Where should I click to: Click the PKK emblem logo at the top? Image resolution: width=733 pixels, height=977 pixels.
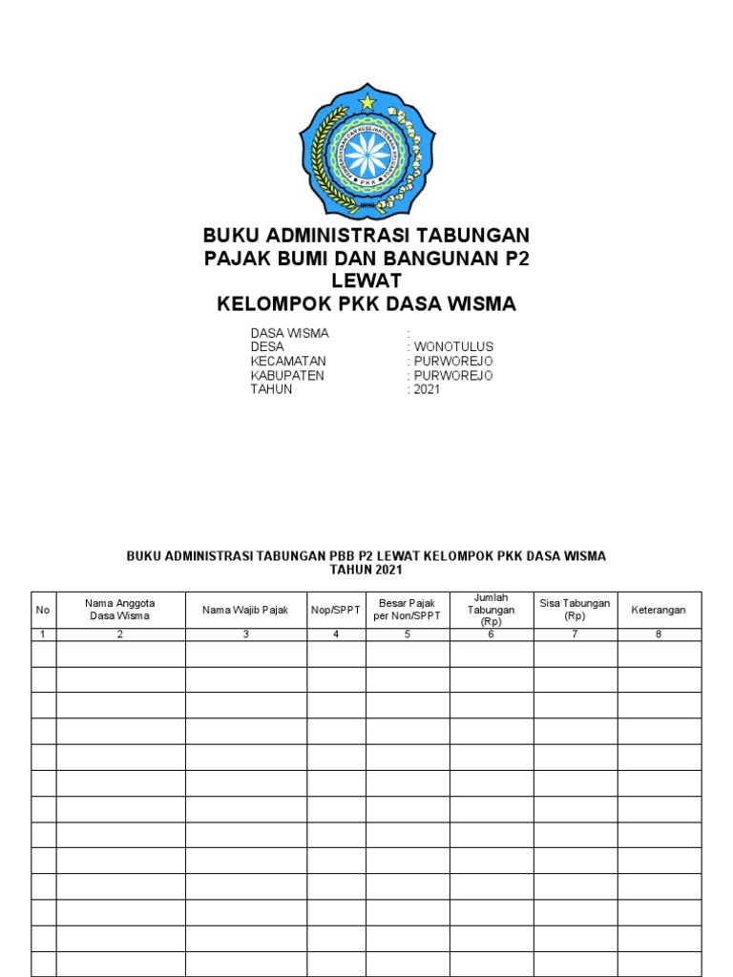(366, 151)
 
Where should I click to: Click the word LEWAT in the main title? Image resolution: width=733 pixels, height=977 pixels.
(366, 281)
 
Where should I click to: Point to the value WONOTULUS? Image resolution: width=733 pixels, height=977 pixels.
(453, 347)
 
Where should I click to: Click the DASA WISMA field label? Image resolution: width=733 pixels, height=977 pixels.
(289, 333)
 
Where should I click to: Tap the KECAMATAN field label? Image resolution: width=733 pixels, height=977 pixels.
(288, 362)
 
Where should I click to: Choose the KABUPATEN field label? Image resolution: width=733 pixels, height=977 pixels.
(287, 376)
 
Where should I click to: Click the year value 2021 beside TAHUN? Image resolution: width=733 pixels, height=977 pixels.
(427, 390)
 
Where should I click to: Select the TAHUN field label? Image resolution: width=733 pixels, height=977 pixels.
(271, 390)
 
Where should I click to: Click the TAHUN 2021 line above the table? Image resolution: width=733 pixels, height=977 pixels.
(366, 571)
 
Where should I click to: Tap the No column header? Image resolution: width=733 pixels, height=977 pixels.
(43, 610)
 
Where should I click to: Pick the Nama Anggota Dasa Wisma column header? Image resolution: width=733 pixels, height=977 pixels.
(120, 610)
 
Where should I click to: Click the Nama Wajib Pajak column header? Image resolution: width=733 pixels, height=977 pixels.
(245, 610)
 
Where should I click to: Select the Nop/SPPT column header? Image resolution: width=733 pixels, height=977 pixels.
(336, 610)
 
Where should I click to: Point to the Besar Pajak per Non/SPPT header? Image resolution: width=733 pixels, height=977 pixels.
(407, 610)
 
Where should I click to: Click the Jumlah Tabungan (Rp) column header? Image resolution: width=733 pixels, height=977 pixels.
(491, 610)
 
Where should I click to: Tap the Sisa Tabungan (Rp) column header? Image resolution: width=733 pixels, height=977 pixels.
(575, 610)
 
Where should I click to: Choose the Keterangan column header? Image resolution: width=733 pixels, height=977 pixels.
(659, 610)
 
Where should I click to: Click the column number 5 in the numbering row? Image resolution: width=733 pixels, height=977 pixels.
(407, 634)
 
